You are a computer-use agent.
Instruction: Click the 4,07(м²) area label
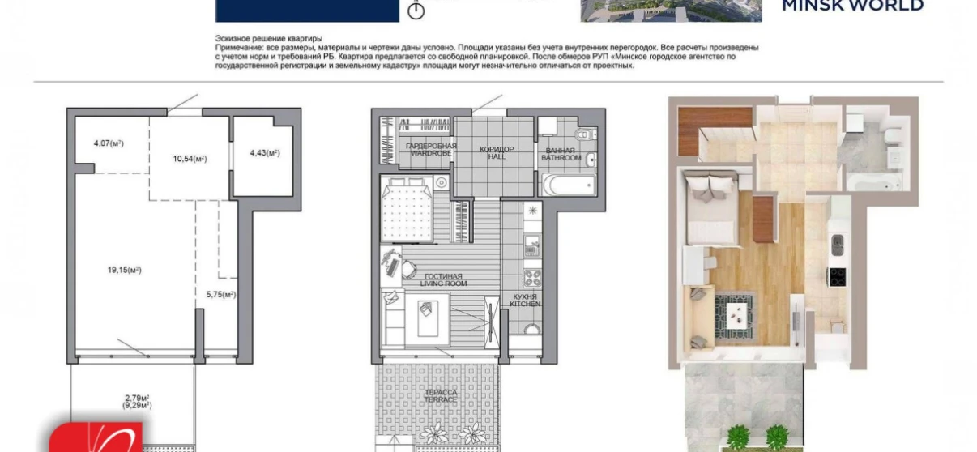click(108, 143)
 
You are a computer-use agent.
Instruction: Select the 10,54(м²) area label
click(190, 159)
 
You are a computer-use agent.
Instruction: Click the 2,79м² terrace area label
click(139, 398)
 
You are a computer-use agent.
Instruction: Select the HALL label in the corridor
click(497, 156)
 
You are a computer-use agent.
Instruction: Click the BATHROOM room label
click(561, 157)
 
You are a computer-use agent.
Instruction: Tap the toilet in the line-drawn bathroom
click(583, 134)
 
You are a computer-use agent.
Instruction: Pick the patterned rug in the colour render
click(737, 315)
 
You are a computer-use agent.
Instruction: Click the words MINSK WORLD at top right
click(851, 6)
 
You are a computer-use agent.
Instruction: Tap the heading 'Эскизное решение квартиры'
click(268, 39)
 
